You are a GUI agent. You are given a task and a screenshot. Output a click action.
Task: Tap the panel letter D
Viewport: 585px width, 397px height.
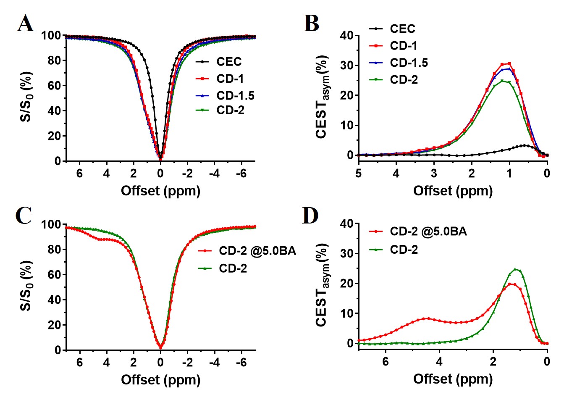(311, 216)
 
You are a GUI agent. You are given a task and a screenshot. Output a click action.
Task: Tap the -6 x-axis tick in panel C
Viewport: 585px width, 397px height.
(241, 362)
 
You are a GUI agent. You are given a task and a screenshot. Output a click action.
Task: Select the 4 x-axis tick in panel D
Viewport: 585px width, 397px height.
(439, 361)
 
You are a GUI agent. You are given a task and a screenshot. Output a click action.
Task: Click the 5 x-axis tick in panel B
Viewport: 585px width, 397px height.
(358, 173)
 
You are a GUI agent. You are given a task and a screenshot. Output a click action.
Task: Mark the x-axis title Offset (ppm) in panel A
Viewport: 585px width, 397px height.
(160, 191)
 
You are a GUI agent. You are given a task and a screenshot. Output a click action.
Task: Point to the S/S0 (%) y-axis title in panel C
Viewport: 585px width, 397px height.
(26, 286)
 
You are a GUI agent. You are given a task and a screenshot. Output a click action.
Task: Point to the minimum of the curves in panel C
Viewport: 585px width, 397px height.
(160, 347)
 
